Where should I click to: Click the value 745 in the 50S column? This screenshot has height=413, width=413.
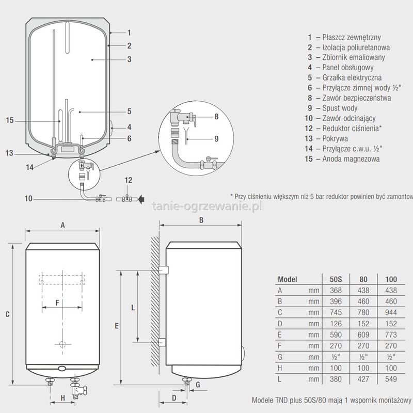[x=336, y=312]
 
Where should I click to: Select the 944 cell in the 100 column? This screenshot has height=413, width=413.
[x=391, y=312]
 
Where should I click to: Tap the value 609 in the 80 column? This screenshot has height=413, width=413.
[x=363, y=335]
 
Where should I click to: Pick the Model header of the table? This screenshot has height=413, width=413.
[x=288, y=279]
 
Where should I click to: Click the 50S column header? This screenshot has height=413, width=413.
[x=336, y=279]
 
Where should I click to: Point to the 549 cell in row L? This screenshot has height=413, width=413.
[x=391, y=379]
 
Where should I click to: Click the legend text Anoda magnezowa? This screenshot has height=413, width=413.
[x=351, y=159]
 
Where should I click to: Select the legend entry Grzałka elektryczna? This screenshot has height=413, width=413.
[x=352, y=78]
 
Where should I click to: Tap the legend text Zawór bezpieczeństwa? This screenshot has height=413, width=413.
[x=357, y=98]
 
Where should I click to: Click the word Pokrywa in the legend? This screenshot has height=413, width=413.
[x=335, y=138]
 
